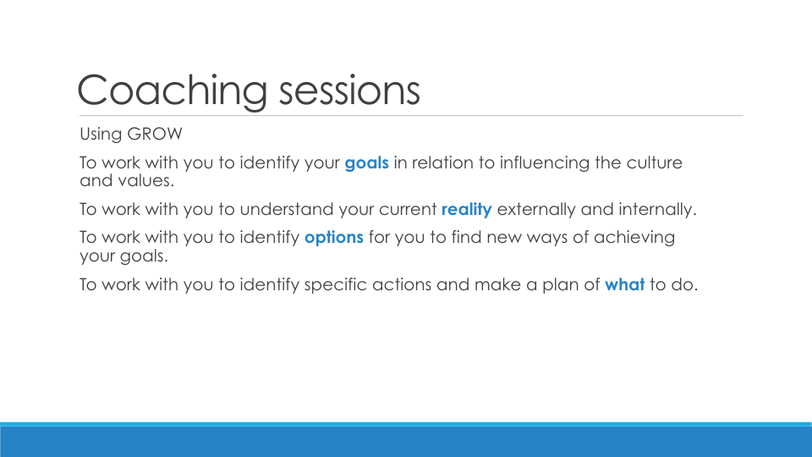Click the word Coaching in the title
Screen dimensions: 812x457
pos(173,91)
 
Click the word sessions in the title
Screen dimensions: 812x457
pos(349,90)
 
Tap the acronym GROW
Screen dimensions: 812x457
pos(154,134)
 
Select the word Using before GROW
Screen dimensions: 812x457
pos(101,135)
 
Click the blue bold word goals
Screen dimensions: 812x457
pos(366,162)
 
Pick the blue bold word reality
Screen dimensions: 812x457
pos(467,209)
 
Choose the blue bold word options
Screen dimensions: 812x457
pos(334,237)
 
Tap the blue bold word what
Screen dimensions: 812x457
pos(624,284)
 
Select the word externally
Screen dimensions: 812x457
pos(536,209)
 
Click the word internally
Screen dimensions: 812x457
pos(658,209)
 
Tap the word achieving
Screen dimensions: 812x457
pos(634,237)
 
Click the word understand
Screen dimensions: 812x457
pos(287,209)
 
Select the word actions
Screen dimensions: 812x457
pos(402,284)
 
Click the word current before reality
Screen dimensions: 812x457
pos(408,209)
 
